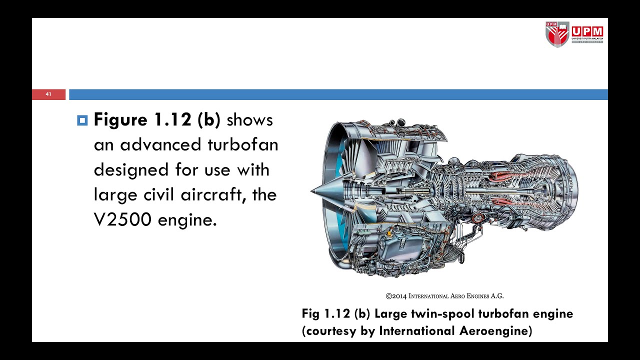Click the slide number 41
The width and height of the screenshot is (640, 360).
pos(48,94)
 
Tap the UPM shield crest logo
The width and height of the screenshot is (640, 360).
pos(557,34)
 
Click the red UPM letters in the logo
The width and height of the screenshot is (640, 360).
pos(587,31)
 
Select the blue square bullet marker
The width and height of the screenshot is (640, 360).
pos(82,120)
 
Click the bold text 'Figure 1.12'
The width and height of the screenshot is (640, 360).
pos(142,120)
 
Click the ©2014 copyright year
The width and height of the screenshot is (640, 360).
pos(396,296)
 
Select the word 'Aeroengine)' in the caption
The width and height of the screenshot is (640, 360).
pos(495,331)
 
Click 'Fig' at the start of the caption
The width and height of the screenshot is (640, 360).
pos(310,314)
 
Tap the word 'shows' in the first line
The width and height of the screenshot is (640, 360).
pos(249,120)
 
